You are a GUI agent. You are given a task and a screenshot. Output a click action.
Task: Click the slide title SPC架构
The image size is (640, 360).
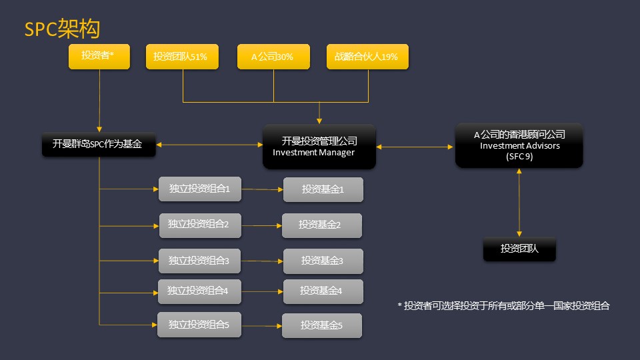(x=62, y=29)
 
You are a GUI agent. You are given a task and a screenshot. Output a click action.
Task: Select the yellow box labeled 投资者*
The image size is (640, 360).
(x=99, y=56)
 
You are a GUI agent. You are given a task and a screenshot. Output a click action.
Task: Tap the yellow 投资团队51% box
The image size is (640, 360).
(x=182, y=56)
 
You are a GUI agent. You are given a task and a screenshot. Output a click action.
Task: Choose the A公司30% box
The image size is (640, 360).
(x=273, y=56)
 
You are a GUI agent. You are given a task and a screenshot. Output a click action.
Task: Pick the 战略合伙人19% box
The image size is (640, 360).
(x=367, y=56)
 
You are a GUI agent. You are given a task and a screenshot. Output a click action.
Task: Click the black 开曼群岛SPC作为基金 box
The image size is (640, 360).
(x=99, y=145)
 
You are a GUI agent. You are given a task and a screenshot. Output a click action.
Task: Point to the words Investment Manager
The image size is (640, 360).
(x=313, y=152)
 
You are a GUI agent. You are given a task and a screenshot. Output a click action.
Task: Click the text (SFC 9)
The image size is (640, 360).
(x=519, y=156)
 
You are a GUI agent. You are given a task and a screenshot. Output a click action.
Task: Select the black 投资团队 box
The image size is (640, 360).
(x=519, y=249)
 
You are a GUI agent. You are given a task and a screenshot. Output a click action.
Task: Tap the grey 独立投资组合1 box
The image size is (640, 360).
(x=200, y=189)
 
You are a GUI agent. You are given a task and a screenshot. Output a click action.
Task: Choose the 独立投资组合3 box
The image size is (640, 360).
(x=199, y=261)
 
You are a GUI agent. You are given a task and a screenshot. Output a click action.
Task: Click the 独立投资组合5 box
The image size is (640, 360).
(x=199, y=325)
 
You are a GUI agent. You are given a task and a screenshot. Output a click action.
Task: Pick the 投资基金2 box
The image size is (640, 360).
(x=321, y=225)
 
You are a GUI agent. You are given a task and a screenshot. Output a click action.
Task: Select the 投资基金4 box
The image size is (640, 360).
(x=323, y=291)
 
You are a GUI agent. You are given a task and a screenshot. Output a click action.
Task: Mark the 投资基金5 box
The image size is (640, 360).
(x=321, y=326)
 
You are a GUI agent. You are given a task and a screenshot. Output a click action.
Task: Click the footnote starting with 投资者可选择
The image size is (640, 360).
(x=504, y=306)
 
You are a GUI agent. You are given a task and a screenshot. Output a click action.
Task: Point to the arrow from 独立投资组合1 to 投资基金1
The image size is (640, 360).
(x=262, y=189)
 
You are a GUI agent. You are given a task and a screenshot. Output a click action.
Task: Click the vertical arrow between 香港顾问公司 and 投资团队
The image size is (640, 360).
(x=519, y=203)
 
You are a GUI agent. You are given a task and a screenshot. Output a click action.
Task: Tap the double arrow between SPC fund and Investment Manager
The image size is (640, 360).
(x=209, y=145)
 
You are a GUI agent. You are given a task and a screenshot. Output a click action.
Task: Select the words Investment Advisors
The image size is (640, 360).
(x=519, y=146)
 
